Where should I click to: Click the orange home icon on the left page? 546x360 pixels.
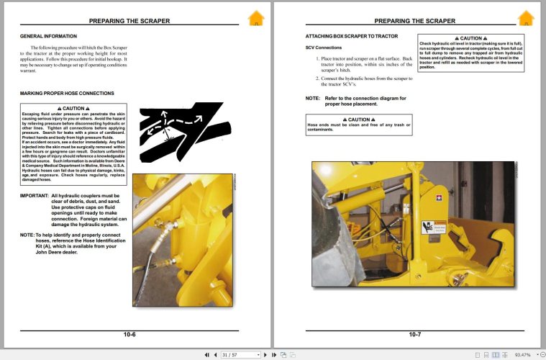(x=256, y=19)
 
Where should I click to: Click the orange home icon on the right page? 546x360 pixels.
(x=526, y=19)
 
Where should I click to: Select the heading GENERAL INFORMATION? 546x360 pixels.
(x=48, y=35)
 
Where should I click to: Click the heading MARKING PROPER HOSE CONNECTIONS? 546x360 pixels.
(x=67, y=94)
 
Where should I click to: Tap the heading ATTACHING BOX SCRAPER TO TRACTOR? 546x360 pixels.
(x=351, y=35)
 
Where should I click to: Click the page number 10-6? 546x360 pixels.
(x=129, y=334)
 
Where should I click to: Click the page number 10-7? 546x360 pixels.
(x=415, y=334)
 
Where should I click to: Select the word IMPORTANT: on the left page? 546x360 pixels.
(x=34, y=195)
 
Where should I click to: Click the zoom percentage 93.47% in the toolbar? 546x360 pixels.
(x=522, y=354)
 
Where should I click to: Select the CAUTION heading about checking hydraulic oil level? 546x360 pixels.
(x=470, y=38)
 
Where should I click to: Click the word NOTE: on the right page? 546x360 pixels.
(x=313, y=98)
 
